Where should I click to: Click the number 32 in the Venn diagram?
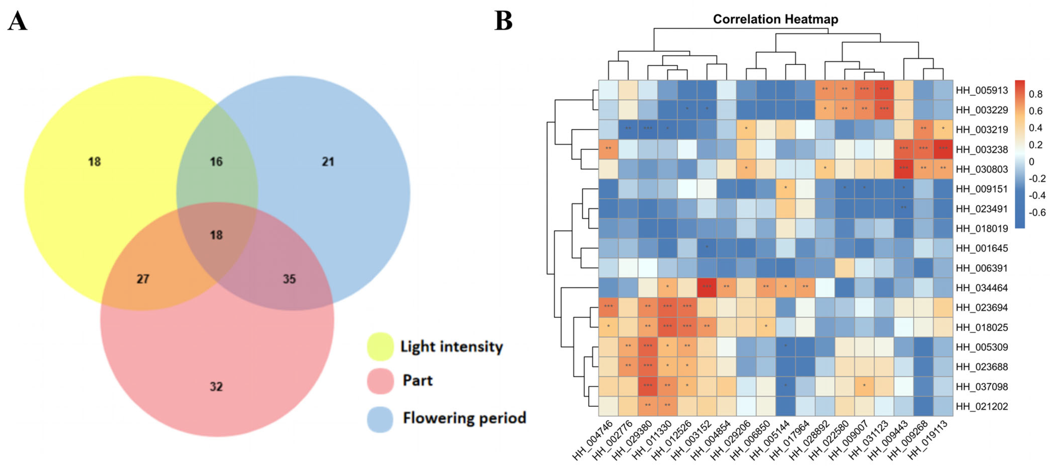(x=216, y=386)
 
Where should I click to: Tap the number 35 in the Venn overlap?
(x=289, y=279)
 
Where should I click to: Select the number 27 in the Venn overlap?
(x=143, y=279)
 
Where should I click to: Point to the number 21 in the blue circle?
(x=328, y=162)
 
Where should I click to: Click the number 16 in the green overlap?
(x=216, y=162)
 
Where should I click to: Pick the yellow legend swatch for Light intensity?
(x=380, y=346)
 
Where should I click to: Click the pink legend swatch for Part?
(x=380, y=381)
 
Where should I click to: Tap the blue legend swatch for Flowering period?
(x=380, y=419)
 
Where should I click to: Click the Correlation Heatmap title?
(x=775, y=19)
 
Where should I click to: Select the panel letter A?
(x=17, y=21)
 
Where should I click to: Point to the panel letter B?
(x=503, y=21)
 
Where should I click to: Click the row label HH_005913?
(x=982, y=90)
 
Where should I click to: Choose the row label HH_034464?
(x=982, y=288)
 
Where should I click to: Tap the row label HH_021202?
(x=982, y=406)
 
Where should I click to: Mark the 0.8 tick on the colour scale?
(x=1035, y=94)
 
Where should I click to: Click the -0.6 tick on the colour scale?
(x=1037, y=212)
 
